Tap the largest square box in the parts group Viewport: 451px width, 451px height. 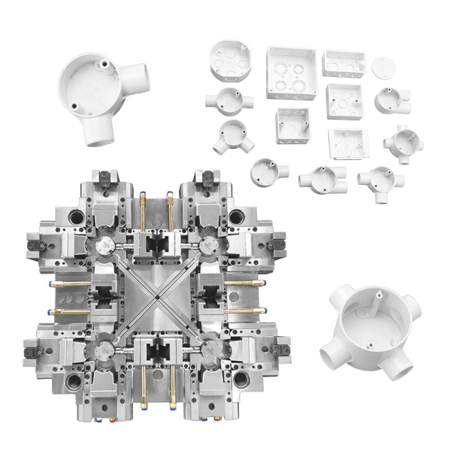(x=291, y=72)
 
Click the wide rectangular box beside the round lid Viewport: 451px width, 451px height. (x=344, y=63)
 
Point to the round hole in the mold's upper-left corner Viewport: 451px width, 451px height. (x=76, y=217)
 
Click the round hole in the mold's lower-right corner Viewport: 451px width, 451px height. (x=241, y=379)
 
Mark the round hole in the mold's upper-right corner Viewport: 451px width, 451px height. (x=237, y=216)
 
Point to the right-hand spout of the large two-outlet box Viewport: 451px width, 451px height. (x=137, y=76)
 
